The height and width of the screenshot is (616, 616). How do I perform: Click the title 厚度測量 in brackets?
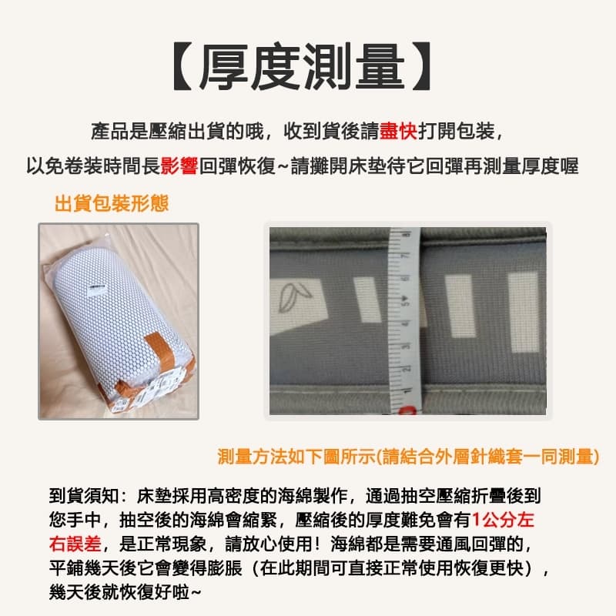click(303, 67)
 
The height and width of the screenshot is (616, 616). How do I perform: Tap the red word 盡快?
click(398, 131)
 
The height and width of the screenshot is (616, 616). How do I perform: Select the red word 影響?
click(179, 166)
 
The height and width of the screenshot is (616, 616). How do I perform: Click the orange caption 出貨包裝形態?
click(112, 203)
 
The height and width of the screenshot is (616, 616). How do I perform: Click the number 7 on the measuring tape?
click(405, 256)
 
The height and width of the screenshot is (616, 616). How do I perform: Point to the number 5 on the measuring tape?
click(405, 302)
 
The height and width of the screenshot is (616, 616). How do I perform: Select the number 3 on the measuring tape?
click(406, 346)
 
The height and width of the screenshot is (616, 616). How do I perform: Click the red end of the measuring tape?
click(407, 410)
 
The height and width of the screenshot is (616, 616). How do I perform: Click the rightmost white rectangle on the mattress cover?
click(524, 313)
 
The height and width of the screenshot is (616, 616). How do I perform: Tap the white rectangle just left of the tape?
click(368, 300)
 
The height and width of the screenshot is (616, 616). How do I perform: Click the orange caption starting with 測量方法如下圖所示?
click(409, 457)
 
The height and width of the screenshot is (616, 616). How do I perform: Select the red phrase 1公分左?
click(503, 520)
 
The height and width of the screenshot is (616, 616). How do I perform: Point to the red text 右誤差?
click(75, 544)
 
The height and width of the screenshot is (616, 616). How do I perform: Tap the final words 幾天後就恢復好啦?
click(125, 592)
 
